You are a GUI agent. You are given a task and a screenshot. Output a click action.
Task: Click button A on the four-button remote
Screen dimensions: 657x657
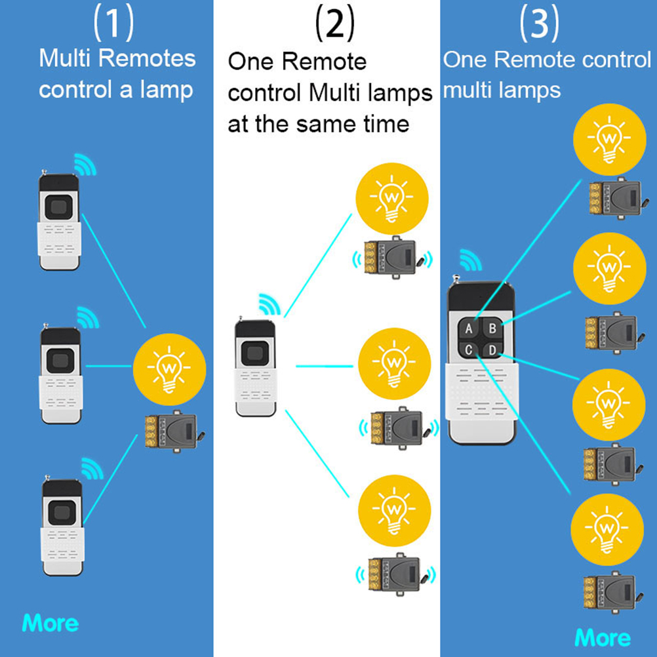[x=469, y=328]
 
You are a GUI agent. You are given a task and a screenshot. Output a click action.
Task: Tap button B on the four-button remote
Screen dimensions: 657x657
[x=492, y=328]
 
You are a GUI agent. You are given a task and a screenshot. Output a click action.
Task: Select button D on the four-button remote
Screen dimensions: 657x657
[x=492, y=351]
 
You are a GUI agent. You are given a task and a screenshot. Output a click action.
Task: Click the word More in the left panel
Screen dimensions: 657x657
[x=50, y=622]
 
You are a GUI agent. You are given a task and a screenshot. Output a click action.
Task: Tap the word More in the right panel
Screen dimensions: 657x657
[x=603, y=637]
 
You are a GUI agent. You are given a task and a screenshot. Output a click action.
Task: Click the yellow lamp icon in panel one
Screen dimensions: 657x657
[x=169, y=368]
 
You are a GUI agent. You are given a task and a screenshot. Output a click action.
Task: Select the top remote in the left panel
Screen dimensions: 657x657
[x=60, y=220]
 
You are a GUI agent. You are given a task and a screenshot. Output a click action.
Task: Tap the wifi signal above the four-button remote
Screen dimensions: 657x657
[x=469, y=260]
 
